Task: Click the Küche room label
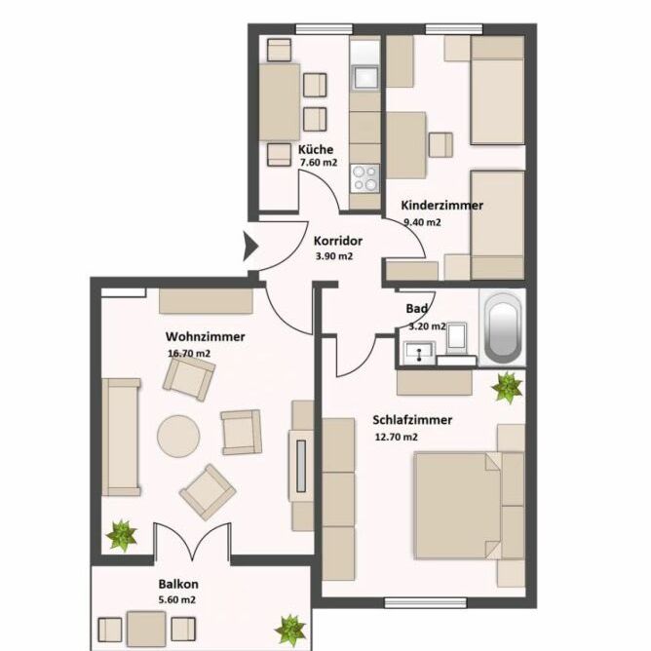click(316, 150)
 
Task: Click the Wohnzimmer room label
click(205, 336)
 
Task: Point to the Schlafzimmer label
click(412, 420)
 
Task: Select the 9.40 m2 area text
click(422, 222)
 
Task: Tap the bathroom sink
click(420, 350)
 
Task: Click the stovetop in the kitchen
click(365, 177)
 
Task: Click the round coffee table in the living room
click(178, 436)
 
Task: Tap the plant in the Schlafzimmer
click(507, 387)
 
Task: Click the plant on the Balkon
click(289, 629)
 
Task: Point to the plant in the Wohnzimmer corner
click(121, 535)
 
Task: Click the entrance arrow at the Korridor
click(248, 250)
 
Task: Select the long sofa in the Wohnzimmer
click(121, 438)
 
